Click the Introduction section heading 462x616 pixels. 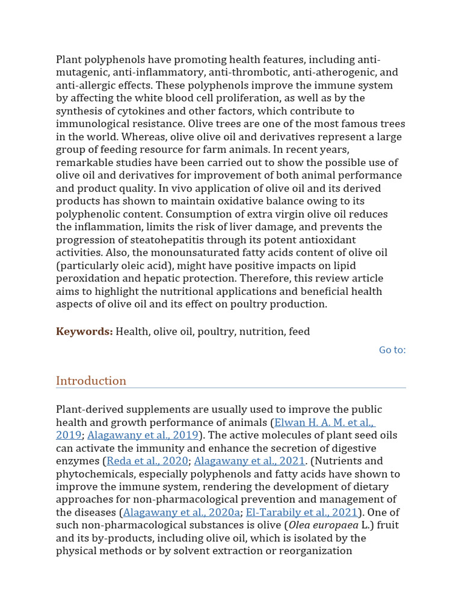click(x=91, y=381)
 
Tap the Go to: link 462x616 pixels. click(x=392, y=350)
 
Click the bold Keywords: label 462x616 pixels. click(x=84, y=331)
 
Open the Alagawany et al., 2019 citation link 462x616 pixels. click(x=143, y=435)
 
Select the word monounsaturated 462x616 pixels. click(x=217, y=253)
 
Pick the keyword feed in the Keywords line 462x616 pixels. click(x=299, y=331)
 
